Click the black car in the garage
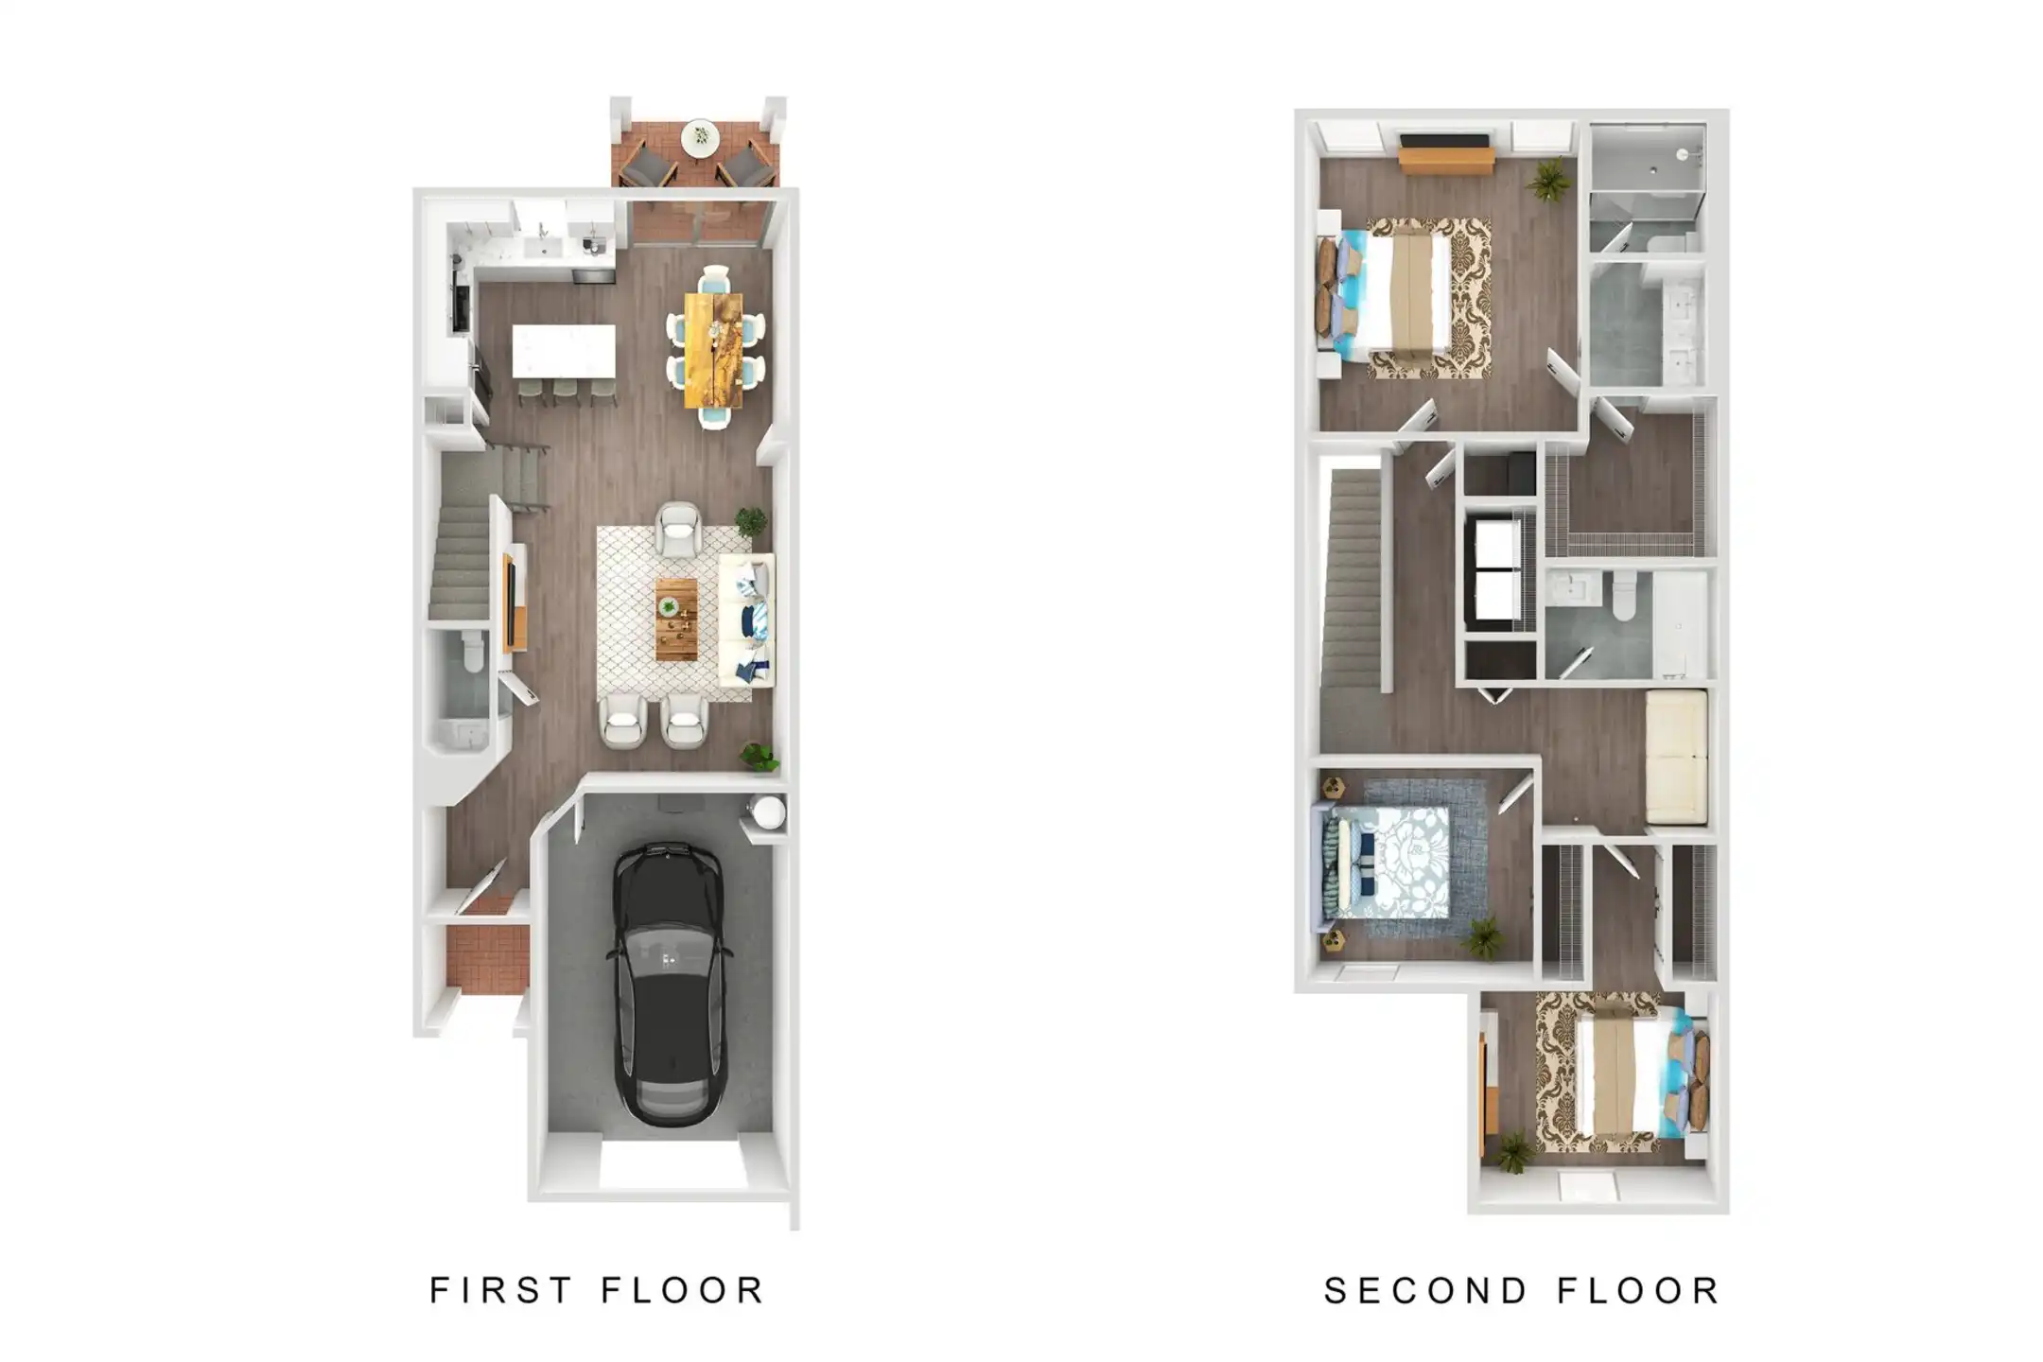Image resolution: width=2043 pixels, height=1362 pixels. coord(670,984)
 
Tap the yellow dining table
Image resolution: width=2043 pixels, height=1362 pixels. coord(713,349)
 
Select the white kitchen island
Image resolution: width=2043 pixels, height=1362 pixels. coord(564,351)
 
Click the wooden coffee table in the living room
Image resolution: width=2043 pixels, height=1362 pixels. coord(676,620)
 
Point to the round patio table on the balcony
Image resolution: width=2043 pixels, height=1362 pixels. coord(700,137)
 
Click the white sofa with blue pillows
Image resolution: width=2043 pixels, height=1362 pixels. coord(746,620)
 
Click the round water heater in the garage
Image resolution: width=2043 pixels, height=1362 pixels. coord(767,812)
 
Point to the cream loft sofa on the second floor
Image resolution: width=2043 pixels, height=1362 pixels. coord(1676,757)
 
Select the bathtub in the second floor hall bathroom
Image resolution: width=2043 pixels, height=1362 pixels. coord(1681,624)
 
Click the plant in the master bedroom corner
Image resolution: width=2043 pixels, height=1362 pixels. coord(1548,180)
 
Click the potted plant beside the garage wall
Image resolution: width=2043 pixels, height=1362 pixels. coord(760,757)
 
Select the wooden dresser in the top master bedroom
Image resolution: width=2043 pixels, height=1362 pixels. coord(1446,154)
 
